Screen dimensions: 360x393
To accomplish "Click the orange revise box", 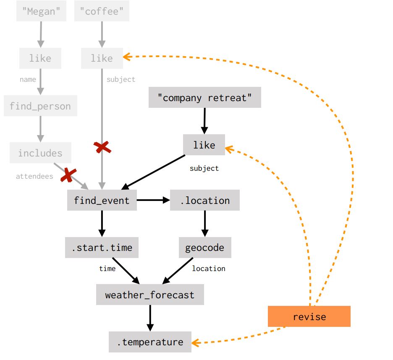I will (309, 316).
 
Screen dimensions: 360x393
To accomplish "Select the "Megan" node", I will (41, 11).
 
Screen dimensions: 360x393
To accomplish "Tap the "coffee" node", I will (102, 11).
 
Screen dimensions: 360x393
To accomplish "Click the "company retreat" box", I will (205, 98).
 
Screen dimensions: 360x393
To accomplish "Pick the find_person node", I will (40, 106).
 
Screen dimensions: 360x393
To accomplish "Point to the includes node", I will (40, 153).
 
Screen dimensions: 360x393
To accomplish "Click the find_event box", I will (102, 200).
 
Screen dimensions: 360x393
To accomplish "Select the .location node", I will (205, 200).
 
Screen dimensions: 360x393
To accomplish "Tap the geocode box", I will (205, 248).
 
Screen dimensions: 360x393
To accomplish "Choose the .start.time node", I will (102, 248).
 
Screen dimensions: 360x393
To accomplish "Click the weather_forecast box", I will (150, 295).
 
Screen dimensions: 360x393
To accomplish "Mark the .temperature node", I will (150, 342).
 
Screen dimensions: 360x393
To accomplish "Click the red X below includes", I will (68, 175).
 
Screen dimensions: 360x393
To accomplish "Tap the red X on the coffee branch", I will (102, 147).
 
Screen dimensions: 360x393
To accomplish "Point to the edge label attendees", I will (34, 176).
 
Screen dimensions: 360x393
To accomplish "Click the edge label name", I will (28, 79).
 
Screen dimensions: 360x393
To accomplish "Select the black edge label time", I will (107, 269).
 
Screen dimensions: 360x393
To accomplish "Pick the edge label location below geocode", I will (209, 269).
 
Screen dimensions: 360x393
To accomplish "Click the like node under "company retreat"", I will (204, 145).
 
